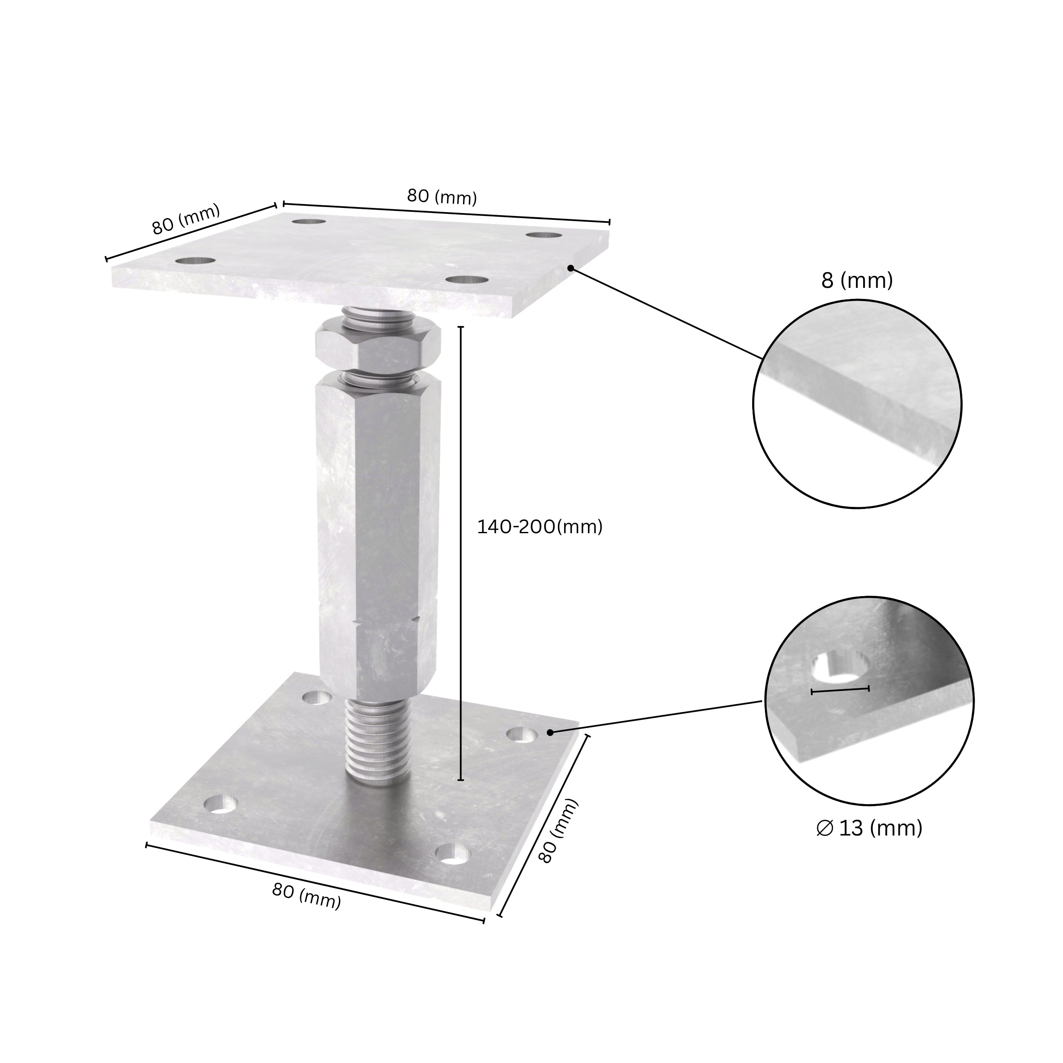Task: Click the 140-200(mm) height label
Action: pos(539,527)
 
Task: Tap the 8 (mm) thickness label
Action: pos(857,281)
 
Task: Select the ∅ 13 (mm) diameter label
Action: pos(870,844)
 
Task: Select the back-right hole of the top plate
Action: pos(543,235)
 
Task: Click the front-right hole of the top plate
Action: pos(467,279)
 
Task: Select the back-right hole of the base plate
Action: pos(522,734)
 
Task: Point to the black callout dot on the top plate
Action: pos(571,268)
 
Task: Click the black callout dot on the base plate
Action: pos(550,732)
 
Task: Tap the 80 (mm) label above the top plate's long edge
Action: pos(442,196)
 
